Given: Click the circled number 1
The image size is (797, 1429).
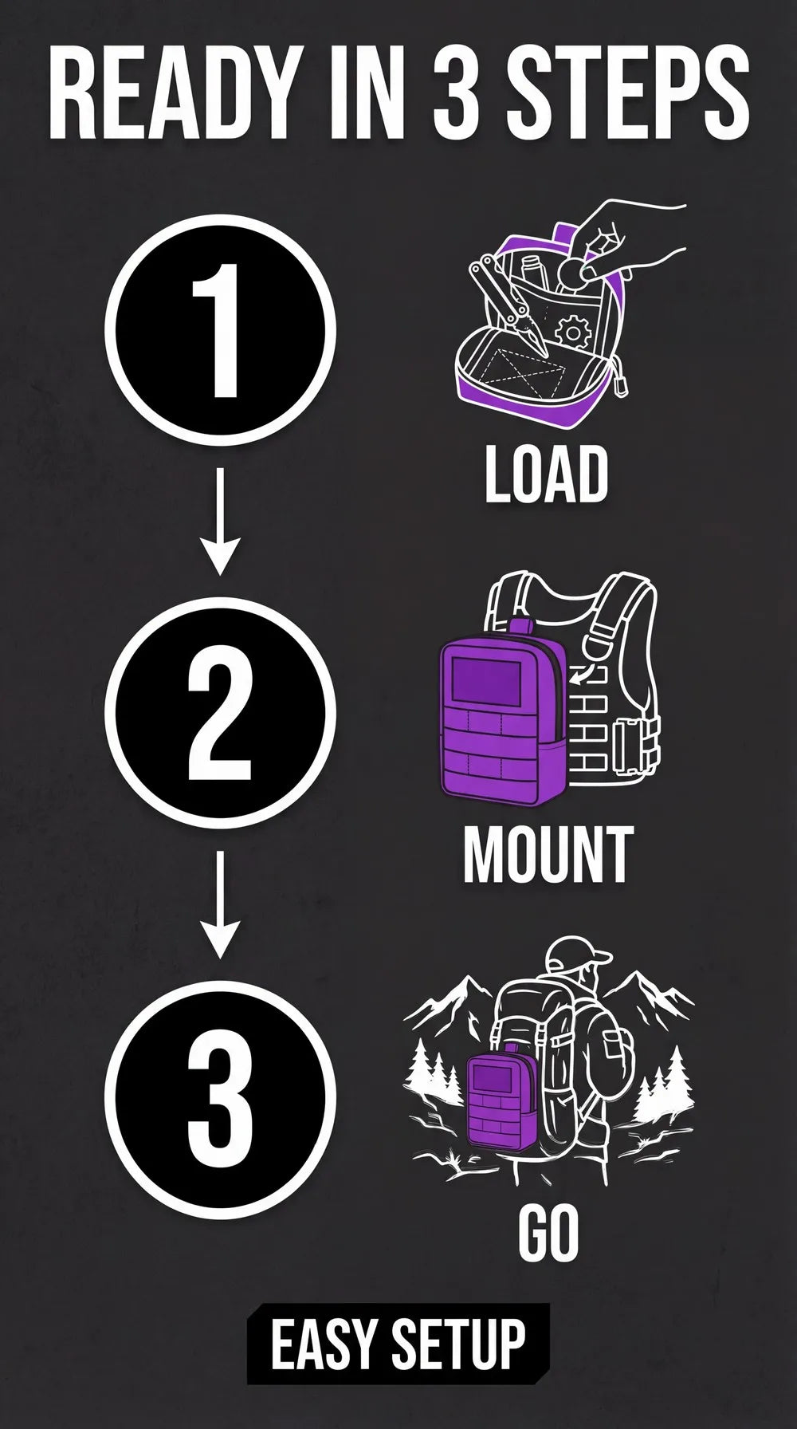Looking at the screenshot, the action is (221, 331).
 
